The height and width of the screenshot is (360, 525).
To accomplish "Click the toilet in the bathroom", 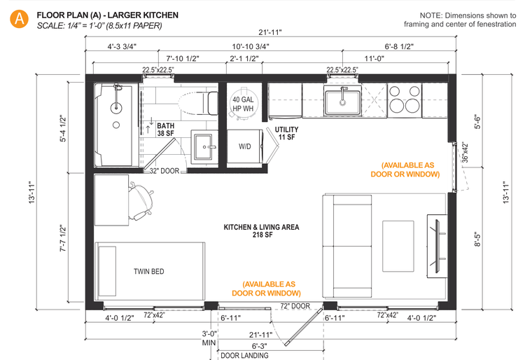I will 192,104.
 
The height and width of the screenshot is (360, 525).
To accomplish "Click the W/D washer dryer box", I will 244,147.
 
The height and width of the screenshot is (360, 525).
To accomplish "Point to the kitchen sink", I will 342,101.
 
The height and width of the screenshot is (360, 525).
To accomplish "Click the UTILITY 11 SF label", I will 286,134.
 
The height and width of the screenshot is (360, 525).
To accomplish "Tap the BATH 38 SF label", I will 165,128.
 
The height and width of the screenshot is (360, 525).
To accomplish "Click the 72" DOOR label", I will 295,307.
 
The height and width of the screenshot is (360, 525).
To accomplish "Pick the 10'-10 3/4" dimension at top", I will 250,47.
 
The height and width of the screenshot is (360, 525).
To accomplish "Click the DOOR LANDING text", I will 244,355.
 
